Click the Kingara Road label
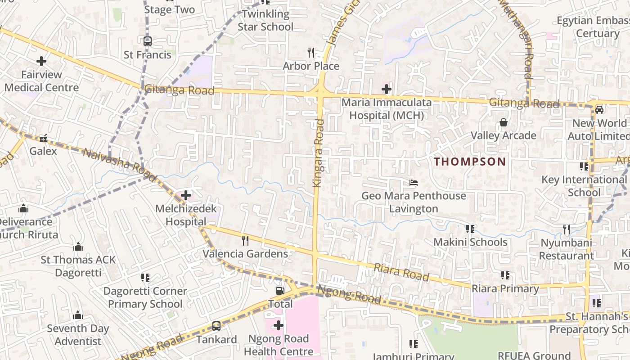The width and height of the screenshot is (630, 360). [318, 153]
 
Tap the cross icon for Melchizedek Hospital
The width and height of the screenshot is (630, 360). [185, 195]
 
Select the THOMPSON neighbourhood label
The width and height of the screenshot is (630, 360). [470, 162]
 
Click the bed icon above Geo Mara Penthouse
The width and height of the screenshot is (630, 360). [413, 182]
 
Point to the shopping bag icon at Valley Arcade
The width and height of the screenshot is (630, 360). [503, 122]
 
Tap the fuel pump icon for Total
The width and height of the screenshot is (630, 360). [280, 291]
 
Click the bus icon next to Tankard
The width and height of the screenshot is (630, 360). [216, 326]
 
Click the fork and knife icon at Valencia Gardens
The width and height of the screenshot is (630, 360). [245, 240]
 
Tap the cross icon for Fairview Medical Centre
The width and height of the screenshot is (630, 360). [41, 61]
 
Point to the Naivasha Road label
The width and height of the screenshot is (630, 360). [119, 164]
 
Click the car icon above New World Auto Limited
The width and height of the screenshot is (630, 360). [599, 109]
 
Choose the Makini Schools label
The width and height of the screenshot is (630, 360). [470, 242]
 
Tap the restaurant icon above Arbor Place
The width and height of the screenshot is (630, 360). [310, 53]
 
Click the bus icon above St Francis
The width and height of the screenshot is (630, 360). [147, 41]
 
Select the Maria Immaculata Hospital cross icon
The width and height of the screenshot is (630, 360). [386, 89]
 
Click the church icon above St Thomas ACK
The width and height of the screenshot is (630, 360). [78, 247]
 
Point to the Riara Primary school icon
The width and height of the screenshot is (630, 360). [505, 275]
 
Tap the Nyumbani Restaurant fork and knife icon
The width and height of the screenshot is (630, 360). [567, 229]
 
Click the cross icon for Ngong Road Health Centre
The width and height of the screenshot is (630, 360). [278, 325]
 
